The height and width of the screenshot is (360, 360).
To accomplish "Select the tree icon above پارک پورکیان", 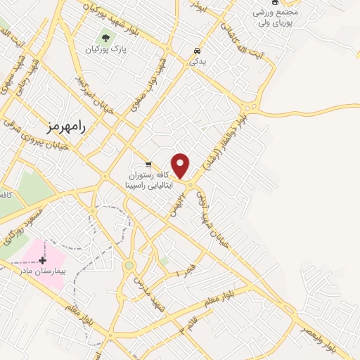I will pos(106,38).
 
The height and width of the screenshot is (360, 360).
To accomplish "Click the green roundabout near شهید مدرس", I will pos(129,265).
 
